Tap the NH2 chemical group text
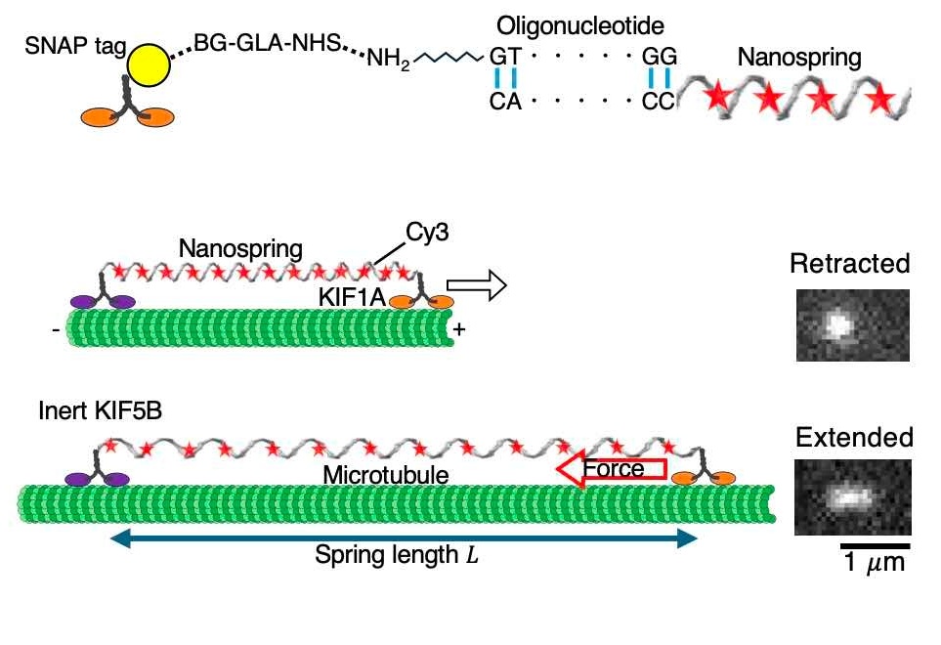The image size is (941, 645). pos(388,60)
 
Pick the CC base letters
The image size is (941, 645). pos(660,101)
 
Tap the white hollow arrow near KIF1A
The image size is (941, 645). pos(484,286)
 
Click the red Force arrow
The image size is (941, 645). pos(611,469)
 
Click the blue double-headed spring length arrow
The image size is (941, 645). pos(404,536)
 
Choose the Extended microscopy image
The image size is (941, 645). pos(852,496)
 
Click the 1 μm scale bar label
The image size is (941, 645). pos(875,563)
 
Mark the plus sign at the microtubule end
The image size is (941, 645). pos(458,331)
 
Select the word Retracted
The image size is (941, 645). pos(849,264)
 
